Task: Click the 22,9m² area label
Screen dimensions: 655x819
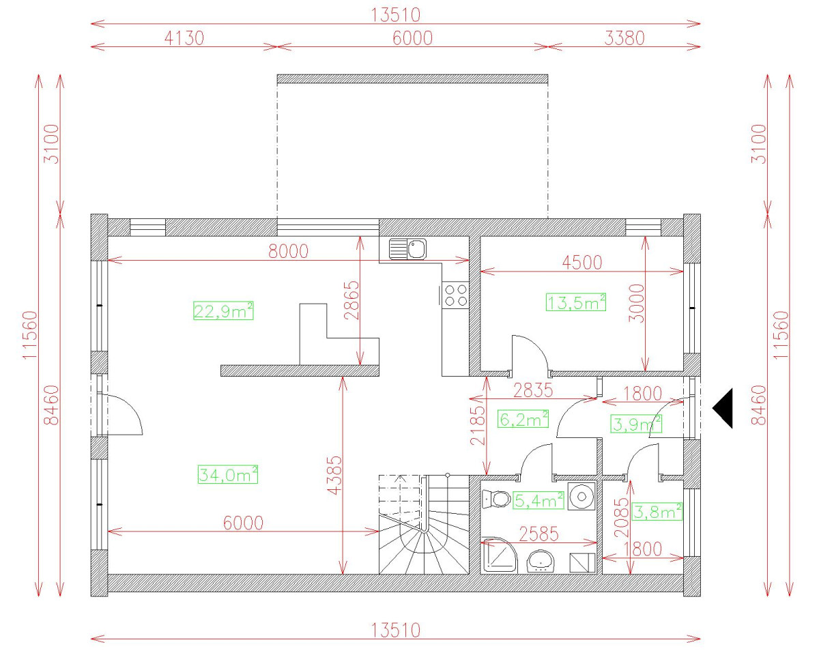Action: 224,311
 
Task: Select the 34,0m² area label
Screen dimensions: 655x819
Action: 228,474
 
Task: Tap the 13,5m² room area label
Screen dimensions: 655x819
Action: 576,302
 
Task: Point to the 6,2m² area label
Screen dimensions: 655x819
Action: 524,418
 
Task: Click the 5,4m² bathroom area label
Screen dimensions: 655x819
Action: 538,501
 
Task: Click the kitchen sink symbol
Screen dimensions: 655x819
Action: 408,248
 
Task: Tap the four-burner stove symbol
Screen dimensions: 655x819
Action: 456,295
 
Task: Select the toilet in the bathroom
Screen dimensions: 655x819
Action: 497,499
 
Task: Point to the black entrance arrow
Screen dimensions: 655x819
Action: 723,408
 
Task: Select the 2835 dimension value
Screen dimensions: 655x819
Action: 532,391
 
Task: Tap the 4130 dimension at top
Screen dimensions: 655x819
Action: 183,38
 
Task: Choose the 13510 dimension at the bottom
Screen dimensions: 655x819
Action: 396,630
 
